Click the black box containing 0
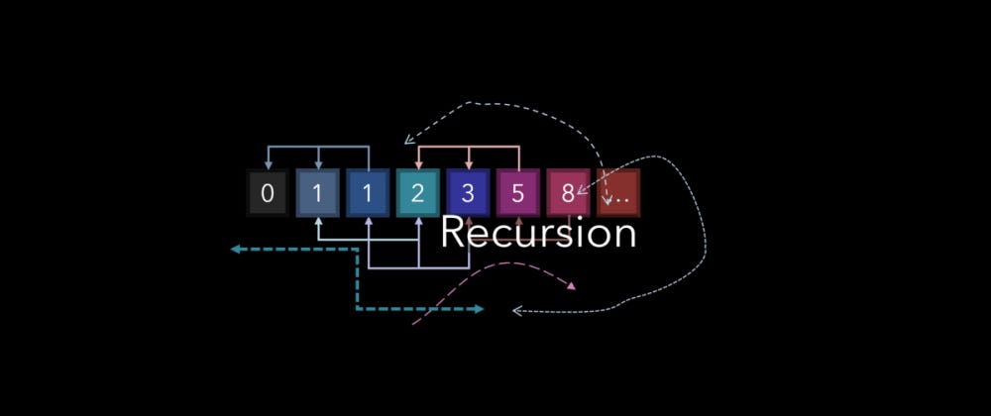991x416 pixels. tap(267, 193)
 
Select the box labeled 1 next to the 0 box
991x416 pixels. tap(317, 193)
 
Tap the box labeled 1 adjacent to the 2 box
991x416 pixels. tap(368, 193)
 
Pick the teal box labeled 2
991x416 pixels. tap(417, 193)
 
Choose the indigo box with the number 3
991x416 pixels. tap(468, 193)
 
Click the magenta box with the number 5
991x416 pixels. tap(518, 193)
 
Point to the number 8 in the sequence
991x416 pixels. tap(568, 193)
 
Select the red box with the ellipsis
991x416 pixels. tap(618, 193)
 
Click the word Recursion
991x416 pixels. tap(537, 234)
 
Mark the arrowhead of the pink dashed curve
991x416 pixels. tap(571, 287)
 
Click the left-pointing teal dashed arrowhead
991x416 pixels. tap(236, 250)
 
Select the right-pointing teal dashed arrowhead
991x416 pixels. tap(479, 309)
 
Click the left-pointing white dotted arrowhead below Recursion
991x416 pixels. tap(516, 311)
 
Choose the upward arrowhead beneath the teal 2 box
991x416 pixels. tap(417, 221)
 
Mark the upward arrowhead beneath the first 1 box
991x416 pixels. tap(317, 221)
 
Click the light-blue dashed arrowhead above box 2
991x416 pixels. tap(406, 142)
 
